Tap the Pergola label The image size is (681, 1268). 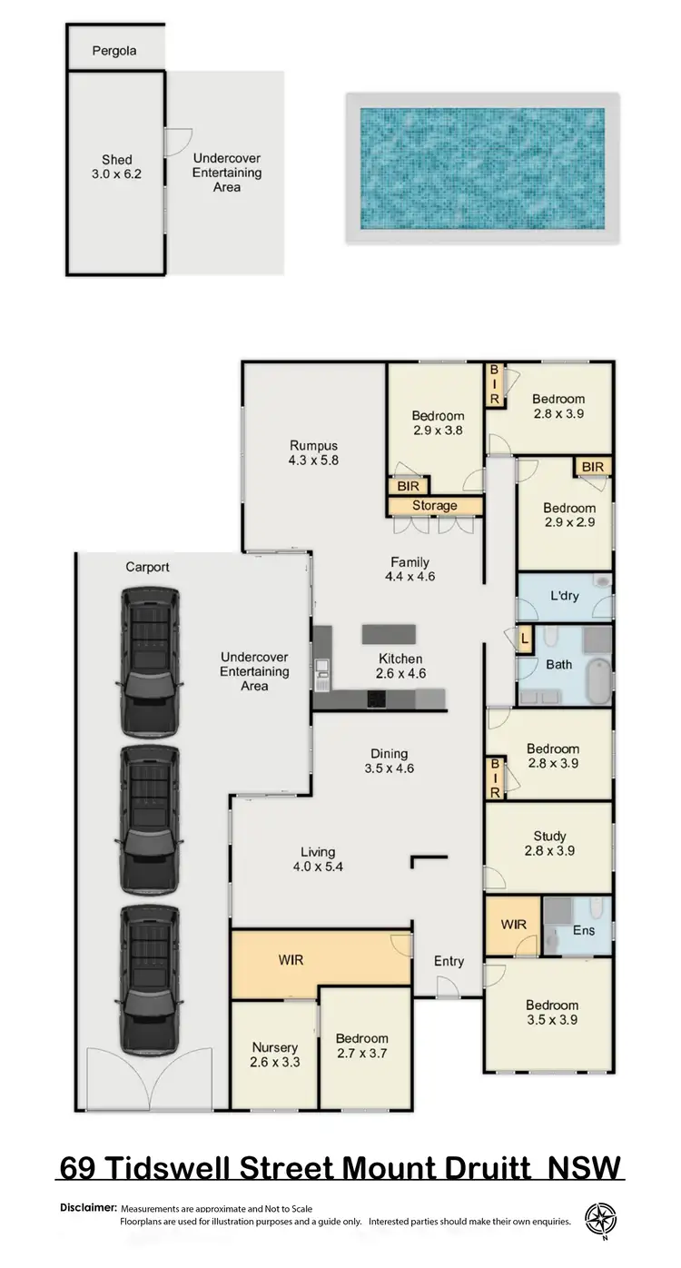(114, 51)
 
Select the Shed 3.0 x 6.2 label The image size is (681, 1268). (117, 167)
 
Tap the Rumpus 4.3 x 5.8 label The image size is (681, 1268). (314, 452)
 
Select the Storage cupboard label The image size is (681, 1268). (435, 506)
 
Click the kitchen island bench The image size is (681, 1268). (389, 633)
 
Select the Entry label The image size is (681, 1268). (449, 961)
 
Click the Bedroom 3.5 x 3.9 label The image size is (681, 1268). (552, 1012)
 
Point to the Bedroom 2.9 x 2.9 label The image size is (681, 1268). (569, 515)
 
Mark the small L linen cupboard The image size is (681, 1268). (526, 639)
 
